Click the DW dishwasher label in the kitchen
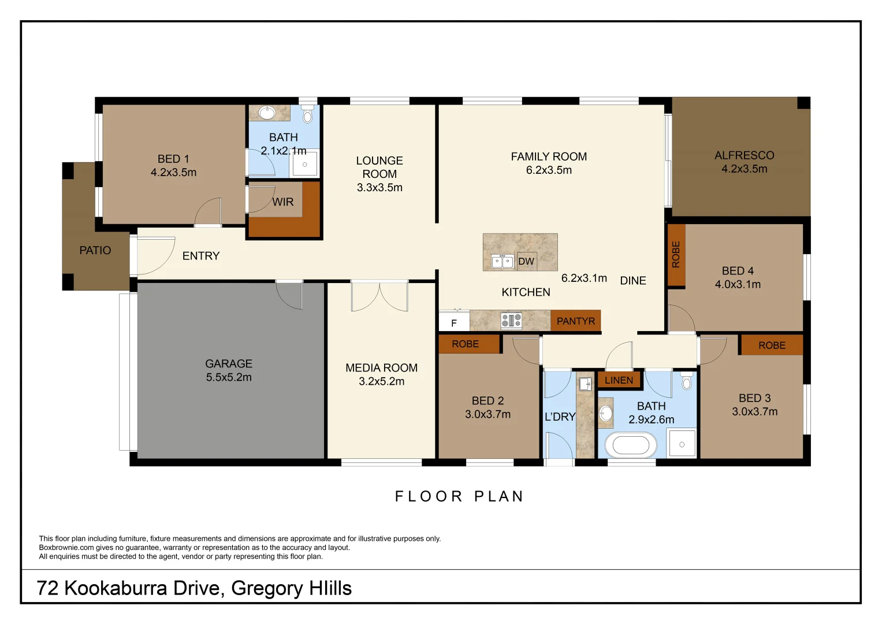click(526, 262)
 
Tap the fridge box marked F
click(454, 323)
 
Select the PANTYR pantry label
click(575, 321)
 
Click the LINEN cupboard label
click(619, 380)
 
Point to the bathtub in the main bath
click(630, 445)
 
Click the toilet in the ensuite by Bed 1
click(307, 115)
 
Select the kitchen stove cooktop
click(511, 320)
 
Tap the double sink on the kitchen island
click(502, 262)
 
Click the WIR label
click(283, 202)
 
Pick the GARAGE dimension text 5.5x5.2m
click(229, 377)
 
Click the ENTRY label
click(201, 256)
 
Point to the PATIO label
click(95, 251)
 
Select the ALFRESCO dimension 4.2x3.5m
click(744, 169)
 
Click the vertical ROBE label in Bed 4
click(676, 255)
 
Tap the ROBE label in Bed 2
click(465, 344)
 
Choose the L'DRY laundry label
click(560, 417)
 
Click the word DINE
click(633, 281)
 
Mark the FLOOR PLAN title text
click(459, 496)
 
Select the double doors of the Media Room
click(379, 296)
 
